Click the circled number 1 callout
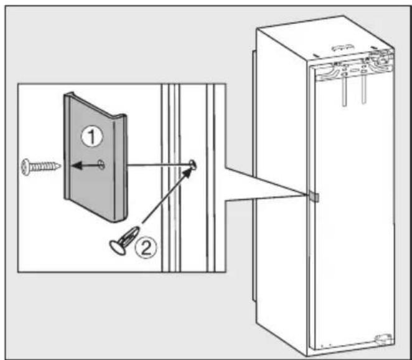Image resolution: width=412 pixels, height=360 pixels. click(x=92, y=137)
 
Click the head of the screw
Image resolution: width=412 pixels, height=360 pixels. click(x=26, y=167)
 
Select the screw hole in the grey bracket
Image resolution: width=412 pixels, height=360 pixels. click(x=101, y=164)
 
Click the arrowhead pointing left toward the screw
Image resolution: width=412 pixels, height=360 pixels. click(x=76, y=166)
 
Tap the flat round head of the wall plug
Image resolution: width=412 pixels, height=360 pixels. click(x=117, y=248)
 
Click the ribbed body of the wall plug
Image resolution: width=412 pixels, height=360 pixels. click(x=129, y=237)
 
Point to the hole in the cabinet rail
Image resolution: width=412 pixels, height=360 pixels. click(x=192, y=164)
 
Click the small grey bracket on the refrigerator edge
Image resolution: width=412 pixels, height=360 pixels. click(x=314, y=197)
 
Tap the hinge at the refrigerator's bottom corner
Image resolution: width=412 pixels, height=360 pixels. click(x=385, y=339)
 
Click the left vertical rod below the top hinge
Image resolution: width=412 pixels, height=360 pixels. click(x=344, y=90)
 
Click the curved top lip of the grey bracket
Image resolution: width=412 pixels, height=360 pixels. click(x=95, y=105)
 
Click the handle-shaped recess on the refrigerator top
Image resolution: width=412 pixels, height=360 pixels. click(x=342, y=49)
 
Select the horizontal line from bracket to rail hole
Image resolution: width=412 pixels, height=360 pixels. click(x=159, y=165)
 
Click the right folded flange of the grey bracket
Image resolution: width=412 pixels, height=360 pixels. click(x=120, y=168)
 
